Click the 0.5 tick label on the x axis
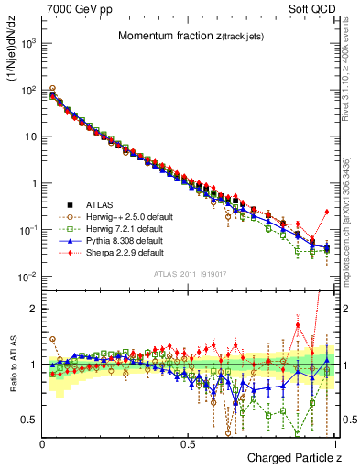tap(188, 442)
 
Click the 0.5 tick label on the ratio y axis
tap(29, 420)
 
